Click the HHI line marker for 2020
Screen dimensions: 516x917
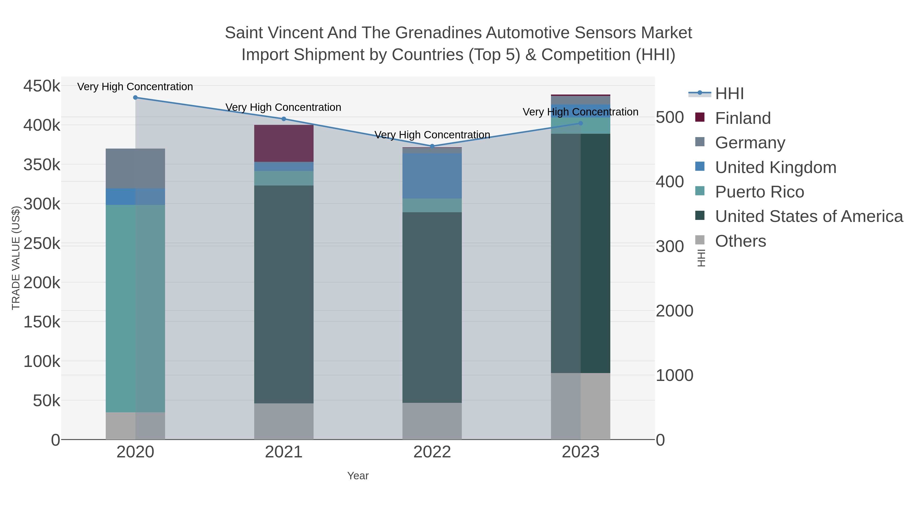tap(135, 98)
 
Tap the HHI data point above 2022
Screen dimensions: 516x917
tap(432, 146)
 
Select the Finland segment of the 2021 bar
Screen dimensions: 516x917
tap(284, 143)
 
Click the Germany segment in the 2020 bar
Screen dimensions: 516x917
tap(135, 168)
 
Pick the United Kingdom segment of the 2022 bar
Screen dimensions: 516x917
tap(432, 176)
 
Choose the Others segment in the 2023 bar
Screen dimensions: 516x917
tap(581, 406)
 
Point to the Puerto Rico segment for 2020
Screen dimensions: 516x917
tap(135, 308)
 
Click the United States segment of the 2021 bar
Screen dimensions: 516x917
tap(284, 294)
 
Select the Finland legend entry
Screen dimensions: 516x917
tap(743, 118)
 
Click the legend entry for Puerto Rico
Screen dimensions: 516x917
tap(759, 192)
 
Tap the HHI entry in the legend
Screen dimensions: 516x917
tap(729, 94)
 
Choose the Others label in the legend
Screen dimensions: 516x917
tap(740, 241)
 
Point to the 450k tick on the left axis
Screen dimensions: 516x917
tap(42, 86)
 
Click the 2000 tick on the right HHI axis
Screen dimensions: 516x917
tap(674, 311)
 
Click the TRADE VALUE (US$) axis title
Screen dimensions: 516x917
tap(16, 258)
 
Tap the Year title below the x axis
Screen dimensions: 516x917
tap(358, 476)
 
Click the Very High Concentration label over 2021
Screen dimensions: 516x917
tap(283, 107)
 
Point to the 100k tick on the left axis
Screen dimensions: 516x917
tap(42, 361)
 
